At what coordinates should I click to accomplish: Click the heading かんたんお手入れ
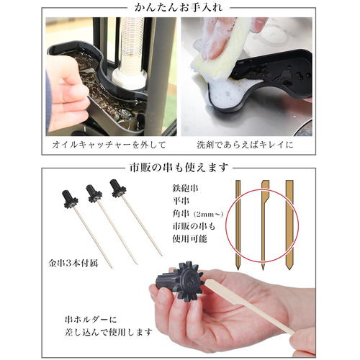pyautogui.click(x=179, y=8)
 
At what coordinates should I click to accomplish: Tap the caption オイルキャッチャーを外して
pyautogui.click(x=109, y=145)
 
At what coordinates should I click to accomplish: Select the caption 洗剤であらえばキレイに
pyautogui.click(x=245, y=145)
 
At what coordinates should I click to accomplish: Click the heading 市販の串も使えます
pyautogui.click(x=179, y=168)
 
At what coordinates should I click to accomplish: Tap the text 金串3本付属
pyautogui.click(x=73, y=264)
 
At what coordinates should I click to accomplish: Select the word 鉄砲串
pyautogui.click(x=185, y=188)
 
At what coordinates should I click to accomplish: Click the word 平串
pyautogui.click(x=181, y=201)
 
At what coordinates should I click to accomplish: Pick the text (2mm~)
pyautogui.click(x=209, y=214)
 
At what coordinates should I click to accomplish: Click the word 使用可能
pyautogui.click(x=189, y=238)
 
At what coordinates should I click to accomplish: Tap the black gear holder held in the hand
pyautogui.click(x=181, y=282)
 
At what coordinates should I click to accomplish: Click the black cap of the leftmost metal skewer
pyautogui.click(x=71, y=199)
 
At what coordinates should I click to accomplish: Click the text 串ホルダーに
pyautogui.click(x=91, y=320)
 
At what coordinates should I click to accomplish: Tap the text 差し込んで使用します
pyautogui.click(x=108, y=333)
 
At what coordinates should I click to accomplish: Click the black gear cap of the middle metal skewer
pyautogui.click(x=94, y=193)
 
